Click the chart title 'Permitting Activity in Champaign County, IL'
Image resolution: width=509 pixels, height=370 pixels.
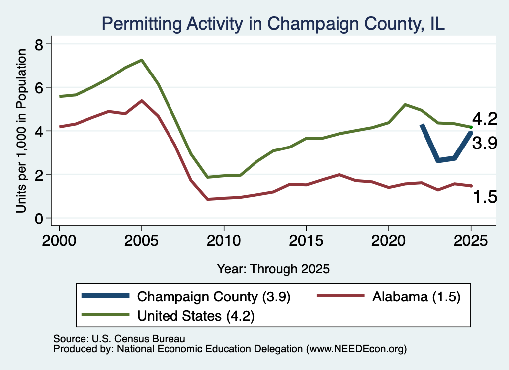[x=273, y=24]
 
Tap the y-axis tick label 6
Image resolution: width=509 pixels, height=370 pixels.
[x=39, y=88]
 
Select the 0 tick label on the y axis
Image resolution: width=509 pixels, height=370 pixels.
[x=39, y=219]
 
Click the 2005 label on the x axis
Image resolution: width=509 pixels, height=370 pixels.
[x=141, y=241]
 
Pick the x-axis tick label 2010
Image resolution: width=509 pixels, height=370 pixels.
[x=224, y=241]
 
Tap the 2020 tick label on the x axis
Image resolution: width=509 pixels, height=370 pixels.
[x=389, y=241]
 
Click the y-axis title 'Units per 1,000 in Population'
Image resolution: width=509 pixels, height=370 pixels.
[x=21, y=131]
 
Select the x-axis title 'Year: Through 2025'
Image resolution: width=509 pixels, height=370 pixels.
[x=273, y=269]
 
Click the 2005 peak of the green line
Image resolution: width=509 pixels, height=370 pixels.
[x=142, y=60]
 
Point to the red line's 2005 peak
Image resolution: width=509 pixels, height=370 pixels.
[x=142, y=101]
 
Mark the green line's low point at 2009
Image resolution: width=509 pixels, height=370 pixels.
[x=207, y=177]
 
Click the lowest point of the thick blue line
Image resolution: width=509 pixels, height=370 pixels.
[x=438, y=160]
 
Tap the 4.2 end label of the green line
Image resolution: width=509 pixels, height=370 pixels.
[x=485, y=119]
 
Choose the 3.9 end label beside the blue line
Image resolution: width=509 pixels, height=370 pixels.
[x=485, y=143]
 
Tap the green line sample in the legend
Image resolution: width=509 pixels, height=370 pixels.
[x=105, y=315]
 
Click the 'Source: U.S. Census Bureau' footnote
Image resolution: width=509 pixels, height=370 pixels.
[x=119, y=339]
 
